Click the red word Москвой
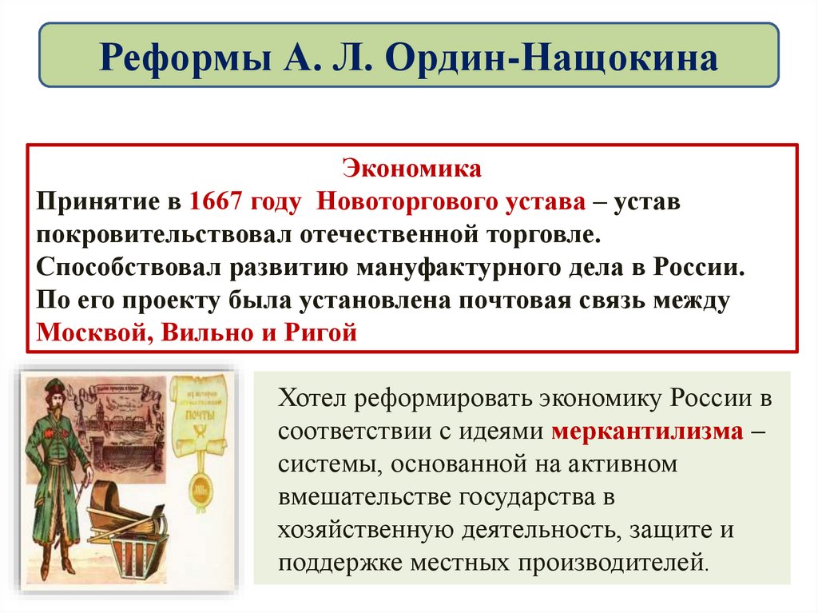coord(89,332)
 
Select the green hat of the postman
coord(54,391)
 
